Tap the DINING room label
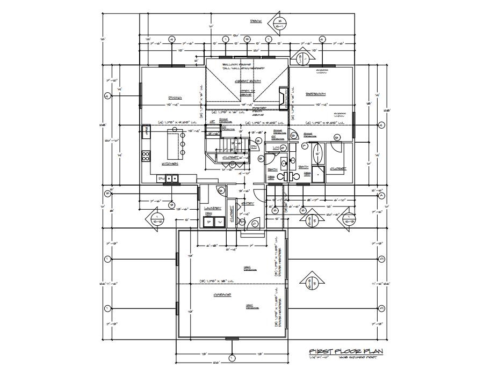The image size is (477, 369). coord(174,98)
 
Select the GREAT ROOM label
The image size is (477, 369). coord(245,81)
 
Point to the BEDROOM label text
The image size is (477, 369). coord(316,93)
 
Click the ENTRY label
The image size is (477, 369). coord(248,203)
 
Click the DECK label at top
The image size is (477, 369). coord(256,21)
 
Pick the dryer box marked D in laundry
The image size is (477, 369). coord(208,222)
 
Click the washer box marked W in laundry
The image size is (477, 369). coord(220,222)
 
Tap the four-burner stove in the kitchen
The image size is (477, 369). coord(145,156)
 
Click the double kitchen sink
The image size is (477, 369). coord(171,178)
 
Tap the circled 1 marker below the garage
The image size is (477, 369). coord(232,358)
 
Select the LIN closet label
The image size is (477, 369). coord(277,147)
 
